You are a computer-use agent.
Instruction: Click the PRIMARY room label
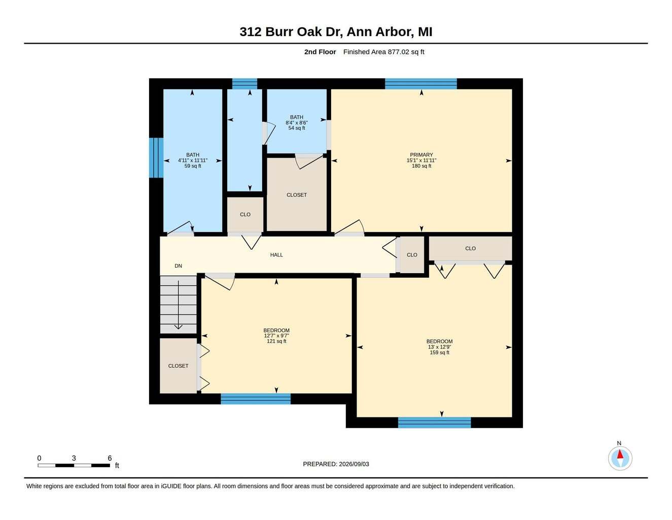[x=421, y=155]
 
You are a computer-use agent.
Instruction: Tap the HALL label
[x=276, y=255]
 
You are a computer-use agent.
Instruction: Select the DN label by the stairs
[x=179, y=266]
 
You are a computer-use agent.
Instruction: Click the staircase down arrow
[x=179, y=305]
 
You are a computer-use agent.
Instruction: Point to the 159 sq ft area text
[x=439, y=352]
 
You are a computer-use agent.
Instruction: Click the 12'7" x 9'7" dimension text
[x=276, y=336]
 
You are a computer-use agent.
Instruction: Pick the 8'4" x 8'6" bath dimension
[x=297, y=122]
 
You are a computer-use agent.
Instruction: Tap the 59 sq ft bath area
[x=193, y=166]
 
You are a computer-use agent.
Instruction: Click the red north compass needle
[x=620, y=454]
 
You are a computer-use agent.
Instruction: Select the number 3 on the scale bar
[x=74, y=458]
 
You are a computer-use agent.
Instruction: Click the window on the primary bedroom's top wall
[x=421, y=84]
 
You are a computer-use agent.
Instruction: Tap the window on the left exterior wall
[x=157, y=158]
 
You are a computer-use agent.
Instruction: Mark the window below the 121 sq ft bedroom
[x=256, y=399]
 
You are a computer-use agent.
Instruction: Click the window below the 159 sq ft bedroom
[x=435, y=422]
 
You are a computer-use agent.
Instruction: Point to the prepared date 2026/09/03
[x=354, y=464]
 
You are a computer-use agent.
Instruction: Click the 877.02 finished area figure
[x=399, y=52]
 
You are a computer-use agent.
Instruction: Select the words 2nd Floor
[x=320, y=52]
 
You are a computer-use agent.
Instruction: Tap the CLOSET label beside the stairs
[x=178, y=366]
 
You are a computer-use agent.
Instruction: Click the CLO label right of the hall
[x=412, y=255]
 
